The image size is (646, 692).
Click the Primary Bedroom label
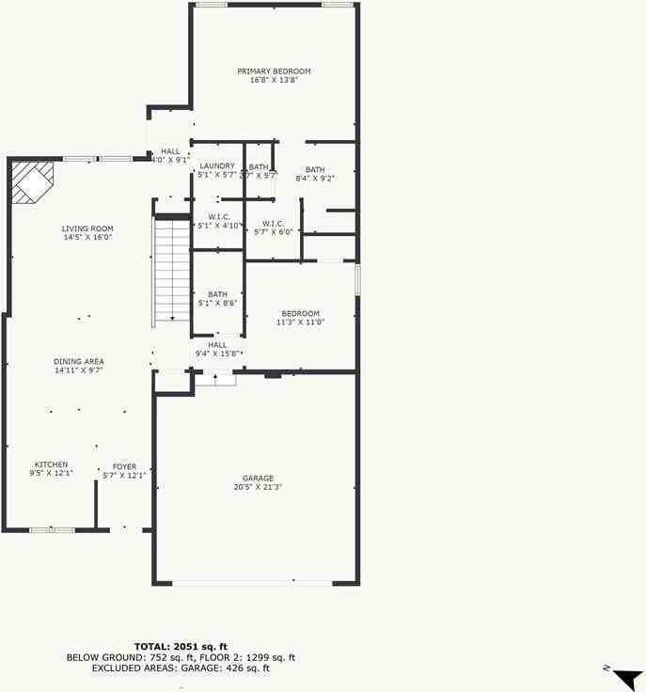click(x=274, y=71)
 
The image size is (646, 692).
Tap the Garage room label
click(x=258, y=478)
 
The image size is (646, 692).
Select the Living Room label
click(x=87, y=228)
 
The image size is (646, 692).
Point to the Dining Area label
click(x=79, y=361)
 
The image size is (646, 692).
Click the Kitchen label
click(x=51, y=464)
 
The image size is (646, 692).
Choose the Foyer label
click(x=124, y=466)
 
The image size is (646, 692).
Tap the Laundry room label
click(x=217, y=165)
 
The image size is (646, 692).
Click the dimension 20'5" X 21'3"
click(x=258, y=487)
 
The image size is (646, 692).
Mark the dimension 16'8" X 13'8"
click(x=274, y=81)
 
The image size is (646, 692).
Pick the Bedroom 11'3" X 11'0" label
click(x=300, y=313)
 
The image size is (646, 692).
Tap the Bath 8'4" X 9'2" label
click(x=314, y=169)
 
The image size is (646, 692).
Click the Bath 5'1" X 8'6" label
click(x=217, y=293)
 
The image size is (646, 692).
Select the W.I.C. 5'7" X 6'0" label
click(x=274, y=224)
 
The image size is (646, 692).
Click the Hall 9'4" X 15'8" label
click(x=217, y=345)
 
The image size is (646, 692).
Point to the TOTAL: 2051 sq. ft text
click(x=181, y=646)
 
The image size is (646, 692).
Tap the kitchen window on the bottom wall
click(x=52, y=530)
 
